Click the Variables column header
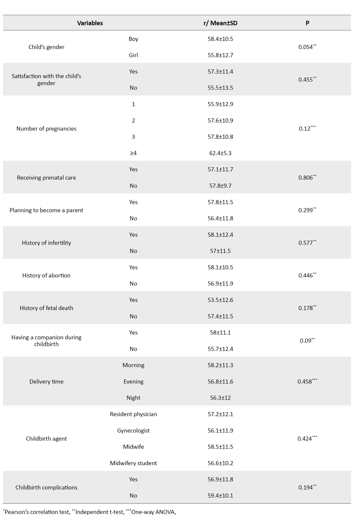[90, 23]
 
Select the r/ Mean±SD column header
[220, 23]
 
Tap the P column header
[307, 23]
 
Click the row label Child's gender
[46, 47]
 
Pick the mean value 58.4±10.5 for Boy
[220, 39]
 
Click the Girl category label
[133, 55]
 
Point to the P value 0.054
[306, 47]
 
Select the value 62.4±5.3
[220, 153]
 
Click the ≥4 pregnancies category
[133, 153]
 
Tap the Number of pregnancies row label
[46, 129]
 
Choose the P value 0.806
[306, 178]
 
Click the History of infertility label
[46, 243]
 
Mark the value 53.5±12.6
[220, 300]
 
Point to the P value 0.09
[306, 341]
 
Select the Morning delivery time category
[133, 365]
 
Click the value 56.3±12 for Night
[220, 398]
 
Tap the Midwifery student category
[133, 463]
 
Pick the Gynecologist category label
[133, 430]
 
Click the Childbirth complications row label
[46, 487]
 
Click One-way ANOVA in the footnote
[153, 512]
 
